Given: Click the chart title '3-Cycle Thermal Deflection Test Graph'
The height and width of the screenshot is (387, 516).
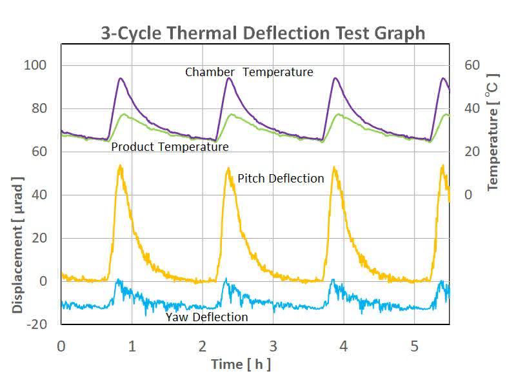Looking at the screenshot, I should pos(263,33).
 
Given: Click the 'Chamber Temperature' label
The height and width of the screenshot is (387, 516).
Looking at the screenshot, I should pos(249,72).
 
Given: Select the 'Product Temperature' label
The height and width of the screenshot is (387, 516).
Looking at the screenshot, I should pos(170,147).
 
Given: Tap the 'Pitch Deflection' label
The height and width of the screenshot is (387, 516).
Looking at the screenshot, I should pos(281,179).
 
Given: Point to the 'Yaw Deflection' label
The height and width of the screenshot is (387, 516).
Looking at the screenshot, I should pos(206,317).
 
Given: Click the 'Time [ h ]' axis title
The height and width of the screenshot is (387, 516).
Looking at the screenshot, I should pos(241,364).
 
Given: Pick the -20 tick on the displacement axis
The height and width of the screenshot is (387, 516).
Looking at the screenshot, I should pos(37,324).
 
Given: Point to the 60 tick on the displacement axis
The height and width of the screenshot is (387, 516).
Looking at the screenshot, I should pos(38,152).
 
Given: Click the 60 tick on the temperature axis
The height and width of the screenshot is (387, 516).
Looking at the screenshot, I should pos(473,65).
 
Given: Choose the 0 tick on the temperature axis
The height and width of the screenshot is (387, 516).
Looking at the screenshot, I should pos(468,195).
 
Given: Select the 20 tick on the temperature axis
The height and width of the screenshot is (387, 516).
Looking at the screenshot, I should pos(473,152).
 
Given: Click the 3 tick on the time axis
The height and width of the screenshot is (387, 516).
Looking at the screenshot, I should pos(273,346).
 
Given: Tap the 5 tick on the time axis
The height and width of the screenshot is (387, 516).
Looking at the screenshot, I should pos(414,346).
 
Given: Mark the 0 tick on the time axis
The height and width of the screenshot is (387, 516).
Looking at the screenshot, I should pos(61,346).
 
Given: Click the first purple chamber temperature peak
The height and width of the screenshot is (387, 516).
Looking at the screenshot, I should pos(121,79).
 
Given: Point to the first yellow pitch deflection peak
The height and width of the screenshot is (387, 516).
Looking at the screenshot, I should pos(120,166).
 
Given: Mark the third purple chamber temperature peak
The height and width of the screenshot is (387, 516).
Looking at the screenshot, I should pos(335,79).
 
